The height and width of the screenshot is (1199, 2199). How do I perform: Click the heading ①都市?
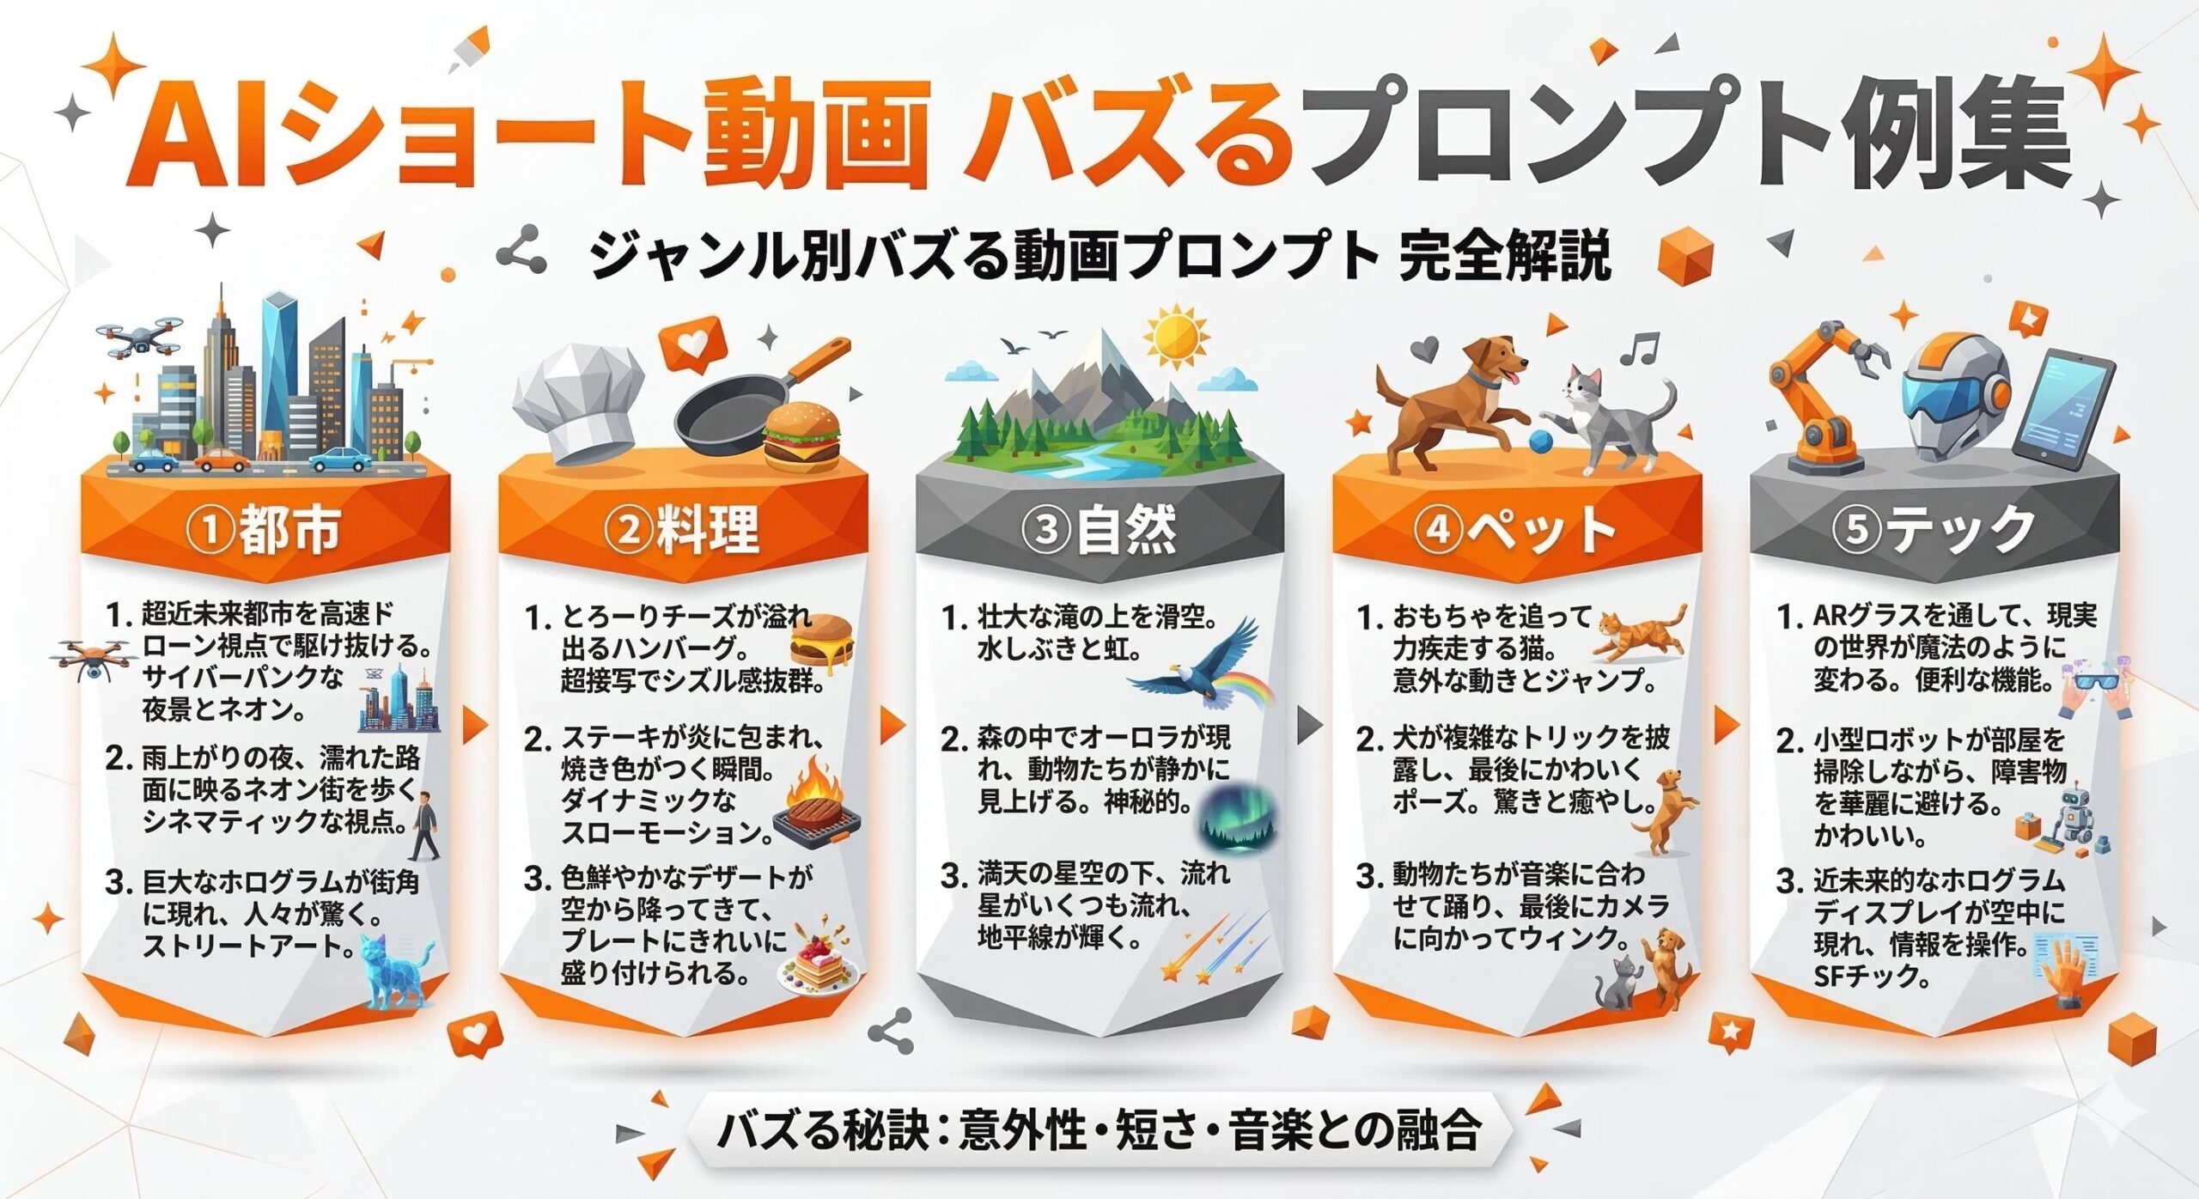pos(265,529)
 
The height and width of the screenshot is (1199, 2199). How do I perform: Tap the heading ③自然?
pos(1099,529)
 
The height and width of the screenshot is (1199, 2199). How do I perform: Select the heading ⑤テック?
pos(1934,529)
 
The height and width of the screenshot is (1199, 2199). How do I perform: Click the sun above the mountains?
pos(1175,337)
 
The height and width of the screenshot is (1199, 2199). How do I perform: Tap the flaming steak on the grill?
pos(815,811)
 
